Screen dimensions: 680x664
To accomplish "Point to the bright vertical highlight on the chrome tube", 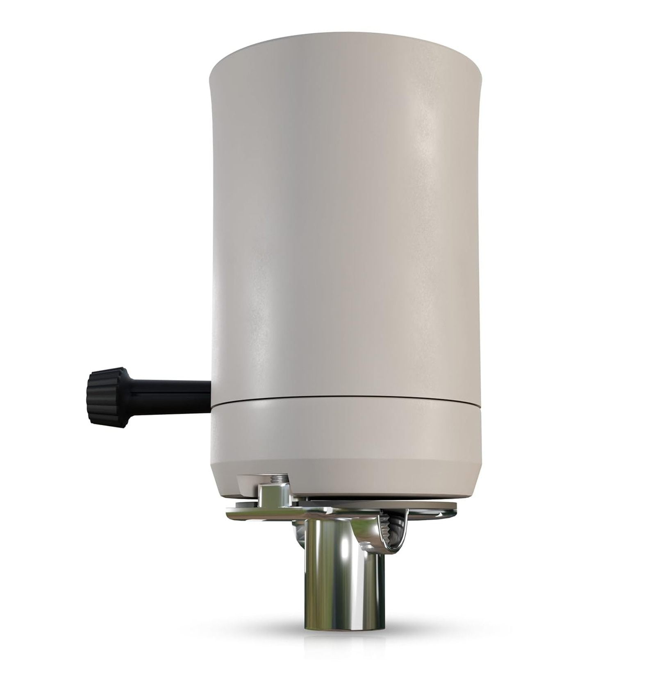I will coord(328,573).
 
